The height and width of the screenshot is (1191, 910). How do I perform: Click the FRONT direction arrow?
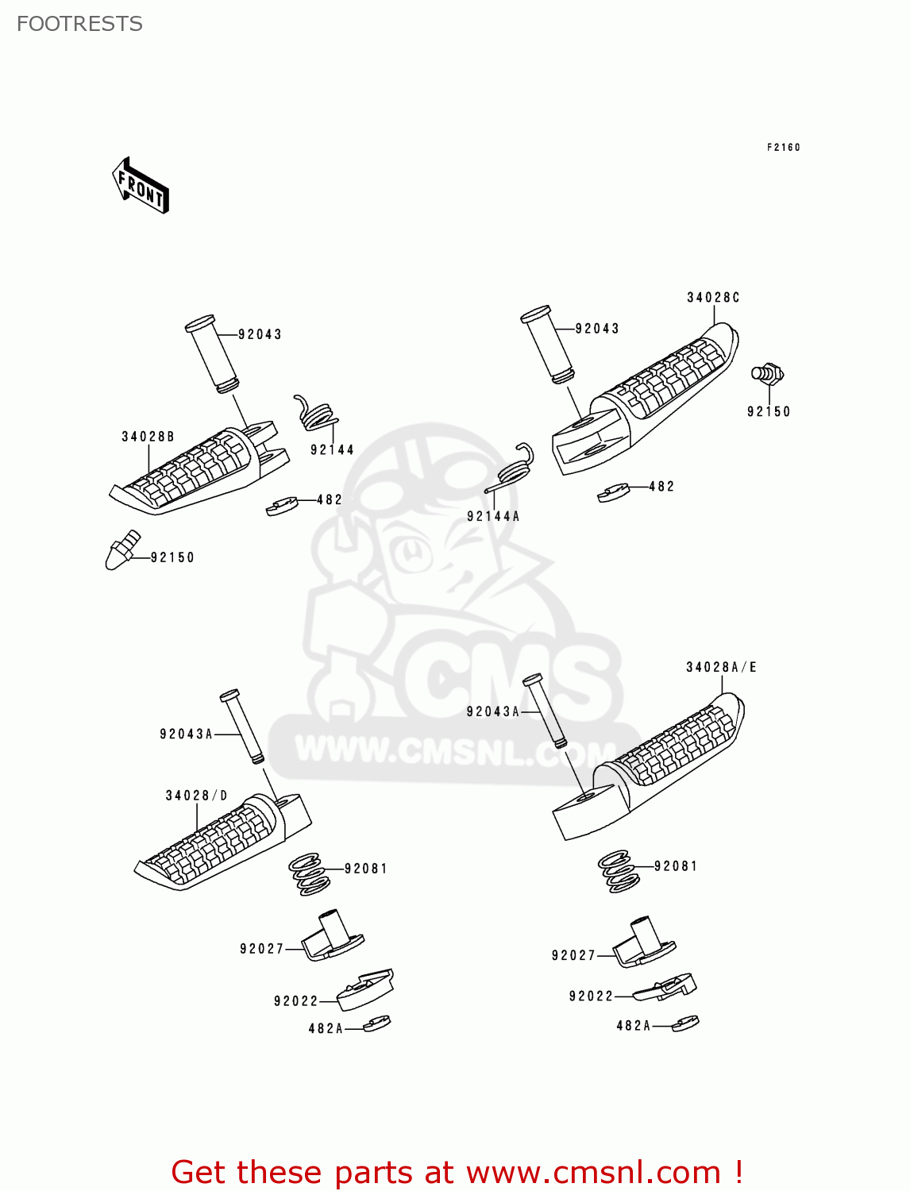coord(141,186)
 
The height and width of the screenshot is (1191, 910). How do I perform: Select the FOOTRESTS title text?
coord(79,24)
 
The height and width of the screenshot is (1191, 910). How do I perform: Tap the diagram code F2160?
coord(783,148)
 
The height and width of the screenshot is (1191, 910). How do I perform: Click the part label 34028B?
coord(148,437)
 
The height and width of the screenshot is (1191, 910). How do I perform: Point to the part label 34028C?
coord(713,298)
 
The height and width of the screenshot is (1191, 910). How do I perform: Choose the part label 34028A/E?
coord(721,668)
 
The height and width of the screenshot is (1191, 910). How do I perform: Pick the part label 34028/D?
coord(196,796)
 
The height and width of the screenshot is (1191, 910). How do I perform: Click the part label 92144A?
coord(493,516)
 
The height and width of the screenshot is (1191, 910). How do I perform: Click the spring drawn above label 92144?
coord(315,414)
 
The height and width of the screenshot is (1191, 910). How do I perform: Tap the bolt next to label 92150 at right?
coord(767,373)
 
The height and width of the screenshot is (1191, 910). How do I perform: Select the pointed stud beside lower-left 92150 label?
coord(121,549)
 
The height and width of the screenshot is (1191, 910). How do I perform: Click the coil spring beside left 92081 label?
coord(308,874)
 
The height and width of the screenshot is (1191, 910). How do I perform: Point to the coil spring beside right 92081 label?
coord(618,871)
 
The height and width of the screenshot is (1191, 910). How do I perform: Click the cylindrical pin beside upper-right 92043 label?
coord(547,345)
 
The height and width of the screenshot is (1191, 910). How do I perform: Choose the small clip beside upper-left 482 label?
coord(282,506)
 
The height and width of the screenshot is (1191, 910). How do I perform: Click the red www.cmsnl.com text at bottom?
coord(592,1172)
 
